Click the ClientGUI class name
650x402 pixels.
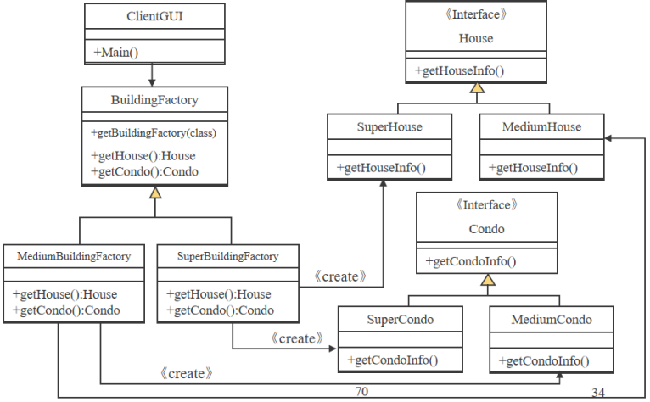point(155,16)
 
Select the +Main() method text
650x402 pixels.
point(116,52)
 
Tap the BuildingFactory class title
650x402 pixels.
point(154,100)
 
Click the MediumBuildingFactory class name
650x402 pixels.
point(74,255)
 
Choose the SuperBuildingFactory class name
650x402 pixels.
point(227,255)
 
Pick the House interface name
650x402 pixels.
point(475,38)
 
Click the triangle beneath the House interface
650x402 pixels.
point(477,87)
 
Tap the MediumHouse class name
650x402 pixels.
point(541,127)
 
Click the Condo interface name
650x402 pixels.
point(486,229)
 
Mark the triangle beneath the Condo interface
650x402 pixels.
point(487,279)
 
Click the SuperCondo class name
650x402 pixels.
point(400,320)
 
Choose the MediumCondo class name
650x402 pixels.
point(551,320)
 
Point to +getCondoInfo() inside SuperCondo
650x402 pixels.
point(392,360)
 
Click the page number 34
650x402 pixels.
point(599,393)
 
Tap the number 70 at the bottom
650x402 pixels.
point(361,391)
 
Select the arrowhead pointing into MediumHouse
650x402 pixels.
point(610,137)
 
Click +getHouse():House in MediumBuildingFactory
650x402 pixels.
point(65,294)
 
